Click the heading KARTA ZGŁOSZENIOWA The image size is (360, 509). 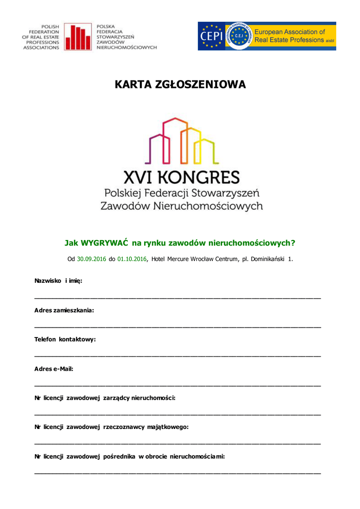180,85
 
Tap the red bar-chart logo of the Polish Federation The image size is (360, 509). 78,37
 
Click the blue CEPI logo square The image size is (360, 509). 211,36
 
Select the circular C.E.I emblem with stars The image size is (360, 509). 240,36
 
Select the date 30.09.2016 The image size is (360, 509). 91,259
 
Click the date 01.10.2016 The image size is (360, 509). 132,259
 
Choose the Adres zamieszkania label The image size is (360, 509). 64,310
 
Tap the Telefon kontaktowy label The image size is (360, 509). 65,339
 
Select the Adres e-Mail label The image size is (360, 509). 54,369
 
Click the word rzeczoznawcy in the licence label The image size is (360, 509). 124,427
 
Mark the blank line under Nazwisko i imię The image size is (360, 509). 178,297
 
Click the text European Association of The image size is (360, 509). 290,32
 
